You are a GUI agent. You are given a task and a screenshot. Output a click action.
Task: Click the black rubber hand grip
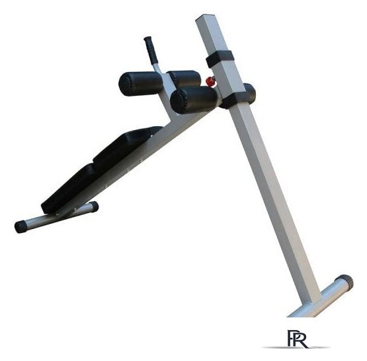click(x=151, y=50)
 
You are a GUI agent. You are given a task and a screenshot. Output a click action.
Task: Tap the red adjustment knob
click(x=210, y=81)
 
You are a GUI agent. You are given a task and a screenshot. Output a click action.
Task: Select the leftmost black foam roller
click(x=140, y=83)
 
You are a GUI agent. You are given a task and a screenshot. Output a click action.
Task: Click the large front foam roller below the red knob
click(x=194, y=100)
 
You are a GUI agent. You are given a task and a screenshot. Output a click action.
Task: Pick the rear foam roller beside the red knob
click(x=185, y=79)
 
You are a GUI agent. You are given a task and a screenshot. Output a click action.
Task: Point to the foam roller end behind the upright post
click(x=250, y=94)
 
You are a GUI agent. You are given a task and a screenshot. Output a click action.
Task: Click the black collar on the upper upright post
click(x=220, y=59)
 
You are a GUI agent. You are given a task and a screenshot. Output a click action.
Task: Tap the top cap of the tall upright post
click(x=205, y=17)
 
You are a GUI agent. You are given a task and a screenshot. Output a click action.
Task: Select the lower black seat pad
click(x=69, y=188)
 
